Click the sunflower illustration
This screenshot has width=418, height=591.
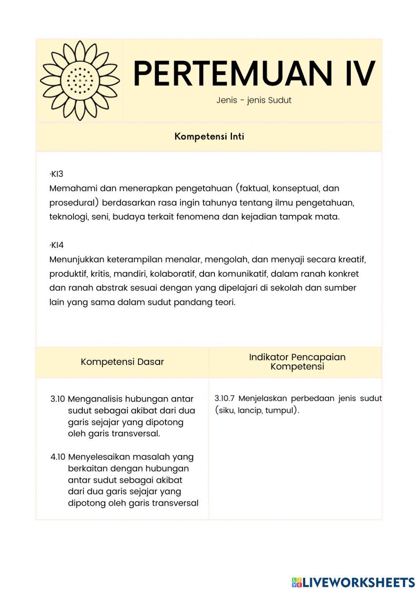[x=80, y=81]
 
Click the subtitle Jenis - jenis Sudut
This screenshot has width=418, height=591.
[x=254, y=100]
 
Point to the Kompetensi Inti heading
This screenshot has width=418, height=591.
[x=209, y=137]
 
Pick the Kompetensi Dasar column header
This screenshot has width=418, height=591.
[x=122, y=362]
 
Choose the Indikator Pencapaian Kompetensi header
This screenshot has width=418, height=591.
[x=297, y=362]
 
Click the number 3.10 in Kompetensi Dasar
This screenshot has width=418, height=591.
[x=58, y=399]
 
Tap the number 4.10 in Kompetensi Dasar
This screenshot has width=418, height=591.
[x=58, y=457]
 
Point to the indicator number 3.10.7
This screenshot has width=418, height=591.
[x=224, y=398]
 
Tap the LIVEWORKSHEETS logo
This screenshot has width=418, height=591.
[x=353, y=582]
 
